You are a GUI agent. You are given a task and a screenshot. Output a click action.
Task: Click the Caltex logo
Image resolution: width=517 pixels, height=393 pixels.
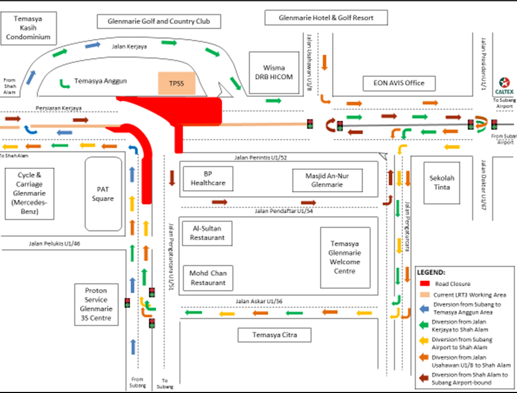[x=504, y=83]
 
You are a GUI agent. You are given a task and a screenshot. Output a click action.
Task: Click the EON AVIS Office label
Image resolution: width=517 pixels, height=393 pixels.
[x=399, y=83]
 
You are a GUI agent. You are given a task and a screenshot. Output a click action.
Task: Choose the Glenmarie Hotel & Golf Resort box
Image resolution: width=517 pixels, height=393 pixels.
[x=326, y=18]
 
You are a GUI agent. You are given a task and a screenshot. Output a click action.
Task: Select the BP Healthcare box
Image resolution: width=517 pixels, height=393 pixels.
[x=208, y=178]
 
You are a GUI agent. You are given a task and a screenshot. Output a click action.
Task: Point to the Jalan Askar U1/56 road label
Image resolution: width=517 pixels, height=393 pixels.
[x=258, y=301]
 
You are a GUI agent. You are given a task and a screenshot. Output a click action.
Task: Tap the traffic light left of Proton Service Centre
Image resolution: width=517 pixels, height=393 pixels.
[x=127, y=303]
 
